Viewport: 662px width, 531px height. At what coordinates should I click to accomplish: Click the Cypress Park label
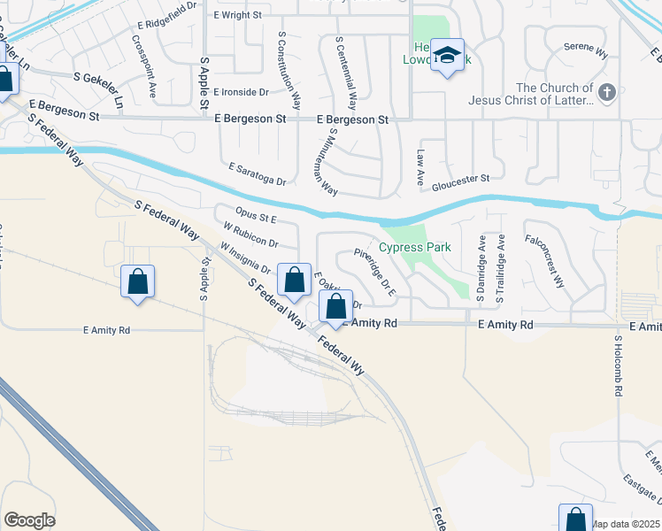pyautogui.click(x=415, y=247)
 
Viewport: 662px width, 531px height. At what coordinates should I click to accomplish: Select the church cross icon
pyautogui.click(x=606, y=91)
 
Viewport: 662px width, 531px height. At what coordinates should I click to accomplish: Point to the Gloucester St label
pyautogui.click(x=461, y=182)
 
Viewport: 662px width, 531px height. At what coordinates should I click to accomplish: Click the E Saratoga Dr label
pyautogui.click(x=258, y=173)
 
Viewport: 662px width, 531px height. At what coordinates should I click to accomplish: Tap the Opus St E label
pyautogui.click(x=258, y=216)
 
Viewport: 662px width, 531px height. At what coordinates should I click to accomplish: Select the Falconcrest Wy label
pyautogui.click(x=544, y=262)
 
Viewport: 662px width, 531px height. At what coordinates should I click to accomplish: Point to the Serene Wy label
pyautogui.click(x=588, y=54)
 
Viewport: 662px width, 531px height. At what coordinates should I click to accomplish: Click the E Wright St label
pyautogui.click(x=237, y=15)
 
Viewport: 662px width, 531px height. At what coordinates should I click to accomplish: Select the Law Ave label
pyautogui.click(x=421, y=160)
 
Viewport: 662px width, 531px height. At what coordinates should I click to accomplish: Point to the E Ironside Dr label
pyautogui.click(x=240, y=92)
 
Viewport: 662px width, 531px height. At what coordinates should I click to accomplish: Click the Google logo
pyautogui.click(x=30, y=520)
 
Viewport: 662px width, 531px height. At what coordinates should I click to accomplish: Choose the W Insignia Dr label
pyautogui.click(x=245, y=260)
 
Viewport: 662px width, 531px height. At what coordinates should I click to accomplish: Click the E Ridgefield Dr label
pyautogui.click(x=165, y=28)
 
